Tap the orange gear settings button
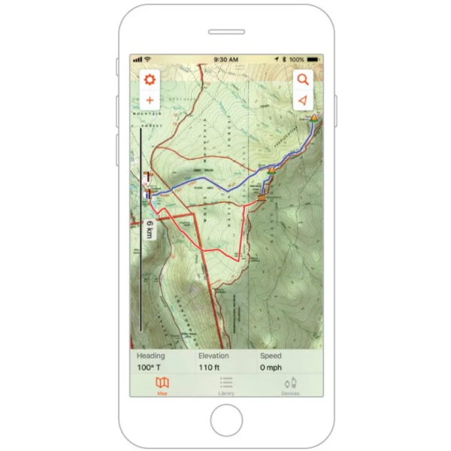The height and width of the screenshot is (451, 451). point(150,79)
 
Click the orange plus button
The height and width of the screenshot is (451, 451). point(150,100)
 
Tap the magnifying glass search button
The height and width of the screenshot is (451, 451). point(303,79)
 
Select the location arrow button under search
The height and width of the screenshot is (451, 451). point(303,100)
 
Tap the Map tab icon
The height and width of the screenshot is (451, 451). point(162,383)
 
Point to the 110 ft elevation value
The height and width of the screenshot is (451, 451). point(210,368)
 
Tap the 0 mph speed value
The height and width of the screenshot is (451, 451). point(271,368)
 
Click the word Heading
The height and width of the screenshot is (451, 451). point(150,356)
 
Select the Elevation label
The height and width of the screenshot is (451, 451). point(213,356)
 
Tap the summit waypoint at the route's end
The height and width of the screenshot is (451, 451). point(314,118)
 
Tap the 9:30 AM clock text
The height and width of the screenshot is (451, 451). point(225,59)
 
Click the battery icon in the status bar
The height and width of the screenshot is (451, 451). point(314,59)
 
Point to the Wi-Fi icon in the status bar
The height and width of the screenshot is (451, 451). point(147,59)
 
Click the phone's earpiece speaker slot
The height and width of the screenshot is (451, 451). point(226,32)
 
